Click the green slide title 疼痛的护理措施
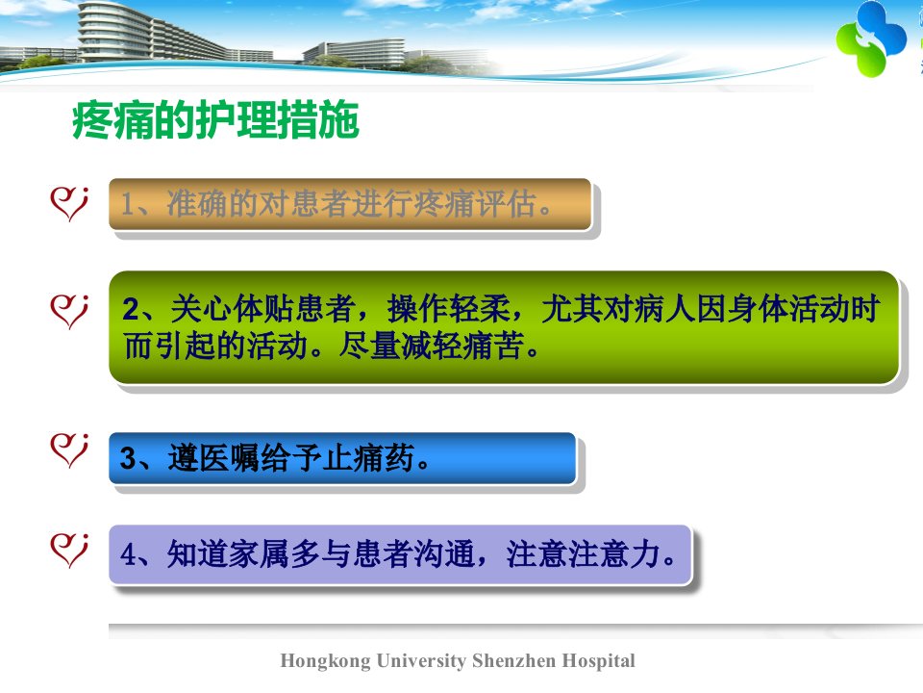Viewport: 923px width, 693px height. tap(215, 120)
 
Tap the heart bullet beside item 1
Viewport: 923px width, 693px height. tap(69, 204)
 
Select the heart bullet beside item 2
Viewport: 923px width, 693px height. tap(69, 312)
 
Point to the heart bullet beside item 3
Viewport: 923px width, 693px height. tap(69, 450)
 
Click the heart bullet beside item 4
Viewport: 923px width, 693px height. tap(69, 551)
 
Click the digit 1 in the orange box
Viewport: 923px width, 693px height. tap(127, 204)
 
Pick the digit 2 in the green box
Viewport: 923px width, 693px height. tap(132, 309)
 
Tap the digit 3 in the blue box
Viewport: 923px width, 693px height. tap(128, 458)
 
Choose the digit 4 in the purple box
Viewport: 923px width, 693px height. tap(128, 554)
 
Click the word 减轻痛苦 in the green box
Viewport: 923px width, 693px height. tap(462, 346)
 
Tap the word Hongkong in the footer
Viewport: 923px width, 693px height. tap(326, 661)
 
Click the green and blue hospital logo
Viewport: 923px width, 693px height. tap(871, 38)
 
